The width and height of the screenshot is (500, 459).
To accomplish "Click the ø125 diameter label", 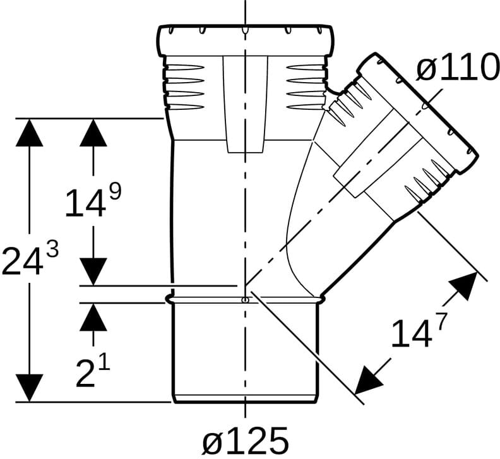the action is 246,441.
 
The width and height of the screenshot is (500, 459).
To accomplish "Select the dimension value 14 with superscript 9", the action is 93,201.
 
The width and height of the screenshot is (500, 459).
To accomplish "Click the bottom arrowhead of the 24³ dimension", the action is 29,388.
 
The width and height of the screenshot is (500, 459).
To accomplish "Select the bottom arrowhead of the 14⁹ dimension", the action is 93,271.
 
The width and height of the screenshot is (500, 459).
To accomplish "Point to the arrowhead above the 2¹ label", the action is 93,317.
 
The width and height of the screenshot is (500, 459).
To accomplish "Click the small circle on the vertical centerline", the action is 245,300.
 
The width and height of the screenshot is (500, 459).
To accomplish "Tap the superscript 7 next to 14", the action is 440,321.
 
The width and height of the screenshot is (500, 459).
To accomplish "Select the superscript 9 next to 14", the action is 116,192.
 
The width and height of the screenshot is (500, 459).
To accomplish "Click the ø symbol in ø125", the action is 212,443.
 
